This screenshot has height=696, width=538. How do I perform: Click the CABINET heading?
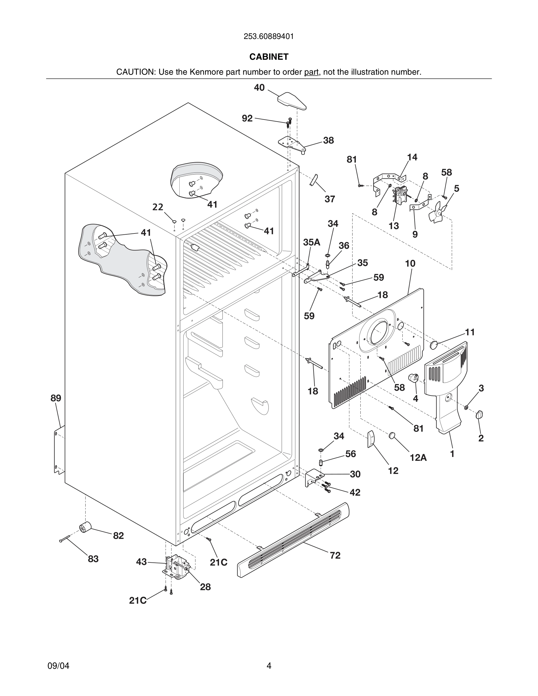(269, 57)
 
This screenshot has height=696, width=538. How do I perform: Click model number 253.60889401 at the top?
(269, 37)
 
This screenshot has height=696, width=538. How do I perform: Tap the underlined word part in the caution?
(311, 72)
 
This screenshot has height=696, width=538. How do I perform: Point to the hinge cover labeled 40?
(291, 101)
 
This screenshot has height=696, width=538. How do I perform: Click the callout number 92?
(247, 118)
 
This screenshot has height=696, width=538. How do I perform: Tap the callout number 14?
(412, 157)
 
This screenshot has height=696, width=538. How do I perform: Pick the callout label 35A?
(311, 242)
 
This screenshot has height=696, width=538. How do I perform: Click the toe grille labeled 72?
(293, 539)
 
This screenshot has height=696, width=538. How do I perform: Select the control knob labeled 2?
(479, 414)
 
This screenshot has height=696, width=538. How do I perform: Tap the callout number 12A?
(418, 458)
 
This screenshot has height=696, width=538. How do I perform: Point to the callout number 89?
(55, 398)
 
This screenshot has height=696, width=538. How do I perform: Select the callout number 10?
(410, 264)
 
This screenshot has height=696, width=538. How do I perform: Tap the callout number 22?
(157, 207)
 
